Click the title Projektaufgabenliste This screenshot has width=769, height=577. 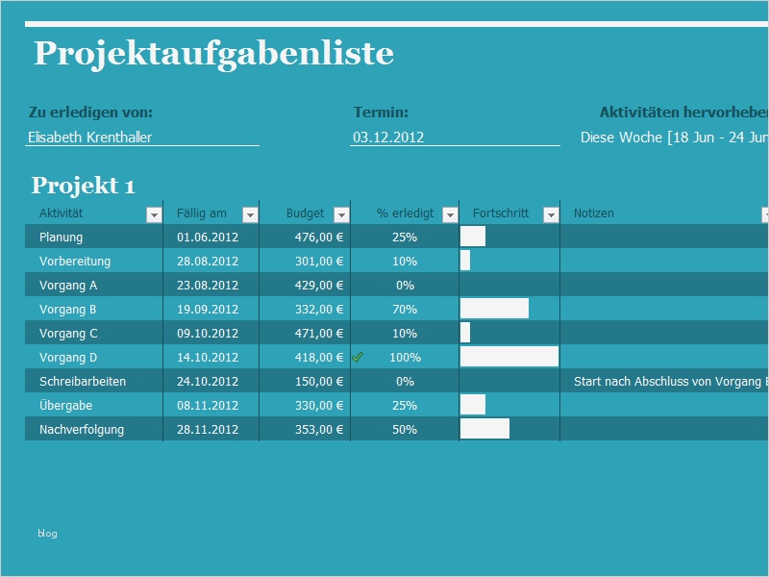(213, 53)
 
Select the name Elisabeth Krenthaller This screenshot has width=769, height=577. (90, 138)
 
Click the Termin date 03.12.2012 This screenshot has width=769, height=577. (388, 138)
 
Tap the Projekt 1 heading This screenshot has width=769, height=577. (84, 186)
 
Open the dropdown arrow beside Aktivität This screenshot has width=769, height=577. (154, 214)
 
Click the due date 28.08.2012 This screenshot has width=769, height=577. (207, 262)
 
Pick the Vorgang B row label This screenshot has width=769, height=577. (68, 310)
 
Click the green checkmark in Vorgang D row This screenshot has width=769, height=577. (358, 357)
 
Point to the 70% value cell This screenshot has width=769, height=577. (405, 310)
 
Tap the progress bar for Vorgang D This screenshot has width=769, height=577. (509, 357)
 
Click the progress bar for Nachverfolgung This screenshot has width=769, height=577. (484, 429)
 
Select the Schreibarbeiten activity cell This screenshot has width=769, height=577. (83, 382)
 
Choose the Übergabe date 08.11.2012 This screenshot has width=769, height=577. (207, 406)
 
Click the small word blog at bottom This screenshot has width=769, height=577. (47, 533)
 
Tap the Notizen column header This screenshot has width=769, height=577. (593, 213)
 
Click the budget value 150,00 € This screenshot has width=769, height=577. (319, 382)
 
